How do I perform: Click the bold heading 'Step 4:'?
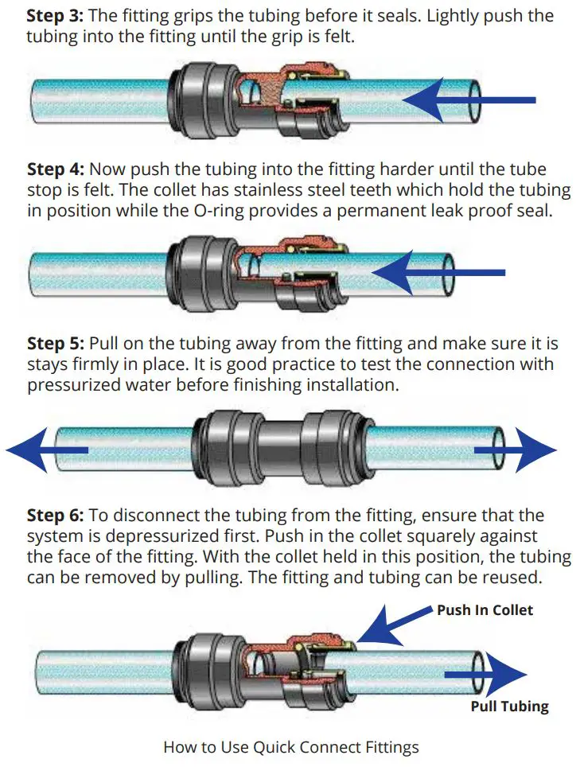pyautogui.click(x=56, y=169)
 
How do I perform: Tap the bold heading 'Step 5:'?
pyautogui.click(x=56, y=344)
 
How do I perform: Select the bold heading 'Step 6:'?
pyautogui.click(x=56, y=516)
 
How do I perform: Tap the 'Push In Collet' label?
pyautogui.click(x=485, y=610)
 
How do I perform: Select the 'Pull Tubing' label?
pyautogui.click(x=509, y=707)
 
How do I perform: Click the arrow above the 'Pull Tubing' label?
pyautogui.click(x=485, y=676)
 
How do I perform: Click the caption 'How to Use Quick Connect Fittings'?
pyautogui.click(x=290, y=747)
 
